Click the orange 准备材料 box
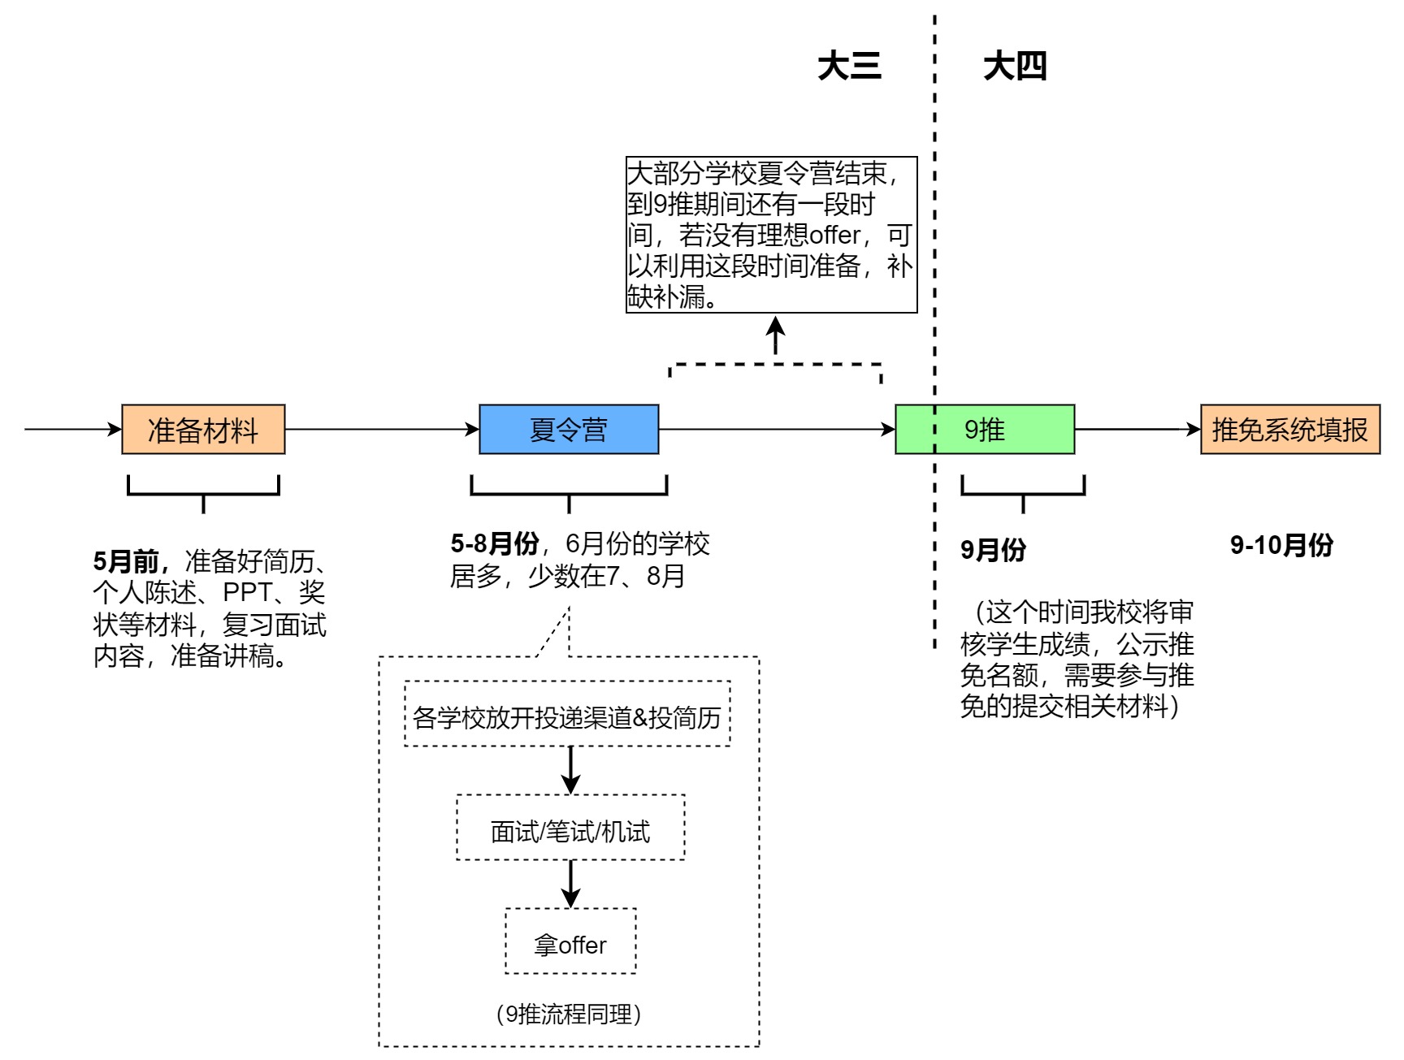pyautogui.click(x=203, y=429)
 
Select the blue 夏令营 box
pyautogui.click(x=569, y=429)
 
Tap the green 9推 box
pyautogui.click(x=985, y=429)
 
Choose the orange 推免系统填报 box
pyautogui.click(x=1290, y=429)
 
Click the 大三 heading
pyautogui.click(x=849, y=66)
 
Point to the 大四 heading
pyautogui.click(x=1015, y=66)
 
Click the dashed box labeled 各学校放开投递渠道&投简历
pyautogui.click(x=567, y=714)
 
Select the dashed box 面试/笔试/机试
pyautogui.click(x=570, y=828)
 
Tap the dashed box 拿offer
pyautogui.click(x=570, y=941)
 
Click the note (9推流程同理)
pyautogui.click(x=569, y=1014)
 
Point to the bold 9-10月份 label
pyautogui.click(x=1281, y=545)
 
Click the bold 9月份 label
pyautogui.click(x=993, y=550)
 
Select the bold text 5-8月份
pyautogui.click(x=494, y=543)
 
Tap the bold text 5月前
pyautogui.click(x=130, y=560)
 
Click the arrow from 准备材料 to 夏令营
pyautogui.click(x=382, y=429)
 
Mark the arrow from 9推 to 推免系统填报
pyautogui.click(x=1137, y=429)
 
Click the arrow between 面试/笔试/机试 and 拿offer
pyautogui.click(x=571, y=884)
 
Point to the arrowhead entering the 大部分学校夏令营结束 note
pyautogui.click(x=776, y=327)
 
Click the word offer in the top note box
pyautogui.click(x=834, y=236)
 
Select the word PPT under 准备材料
pyautogui.click(x=247, y=592)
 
